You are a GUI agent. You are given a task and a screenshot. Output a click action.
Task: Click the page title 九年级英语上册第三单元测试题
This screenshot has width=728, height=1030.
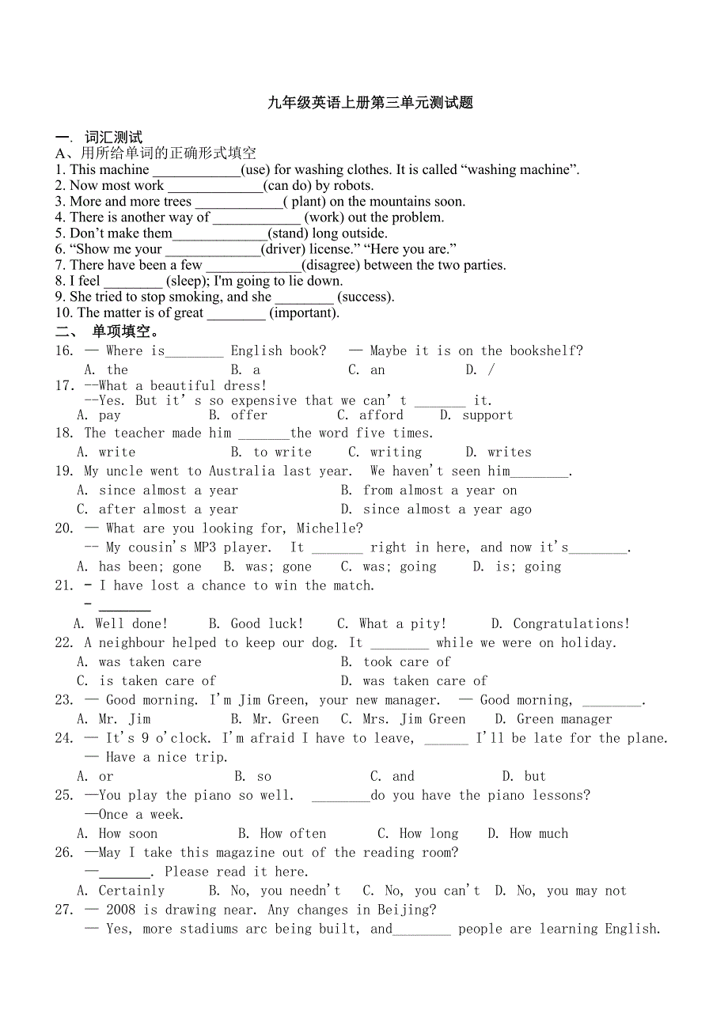[370, 102]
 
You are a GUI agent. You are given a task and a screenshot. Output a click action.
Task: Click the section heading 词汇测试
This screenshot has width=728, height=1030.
[113, 138]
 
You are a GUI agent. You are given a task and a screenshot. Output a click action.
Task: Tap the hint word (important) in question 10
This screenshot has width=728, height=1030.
[304, 312]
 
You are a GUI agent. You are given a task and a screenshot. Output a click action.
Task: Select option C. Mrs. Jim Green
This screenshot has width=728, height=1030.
[404, 718]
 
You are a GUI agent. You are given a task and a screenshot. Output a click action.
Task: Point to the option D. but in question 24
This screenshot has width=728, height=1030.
[524, 776]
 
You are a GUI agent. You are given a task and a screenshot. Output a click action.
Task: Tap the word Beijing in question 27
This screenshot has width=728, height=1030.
[405, 909]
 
